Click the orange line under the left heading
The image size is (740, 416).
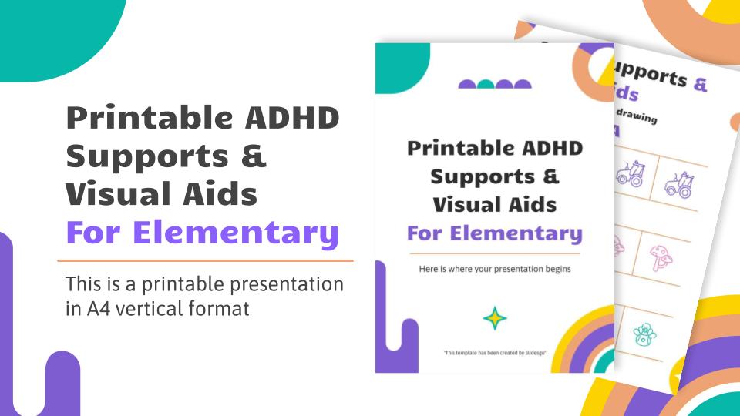pos(205,261)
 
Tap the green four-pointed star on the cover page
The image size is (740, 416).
pos(494,317)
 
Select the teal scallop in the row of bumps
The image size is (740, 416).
pos(486,85)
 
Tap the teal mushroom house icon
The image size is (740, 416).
pos(644,334)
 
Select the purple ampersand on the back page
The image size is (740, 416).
pos(698,82)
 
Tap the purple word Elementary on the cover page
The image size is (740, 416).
pos(494,233)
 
